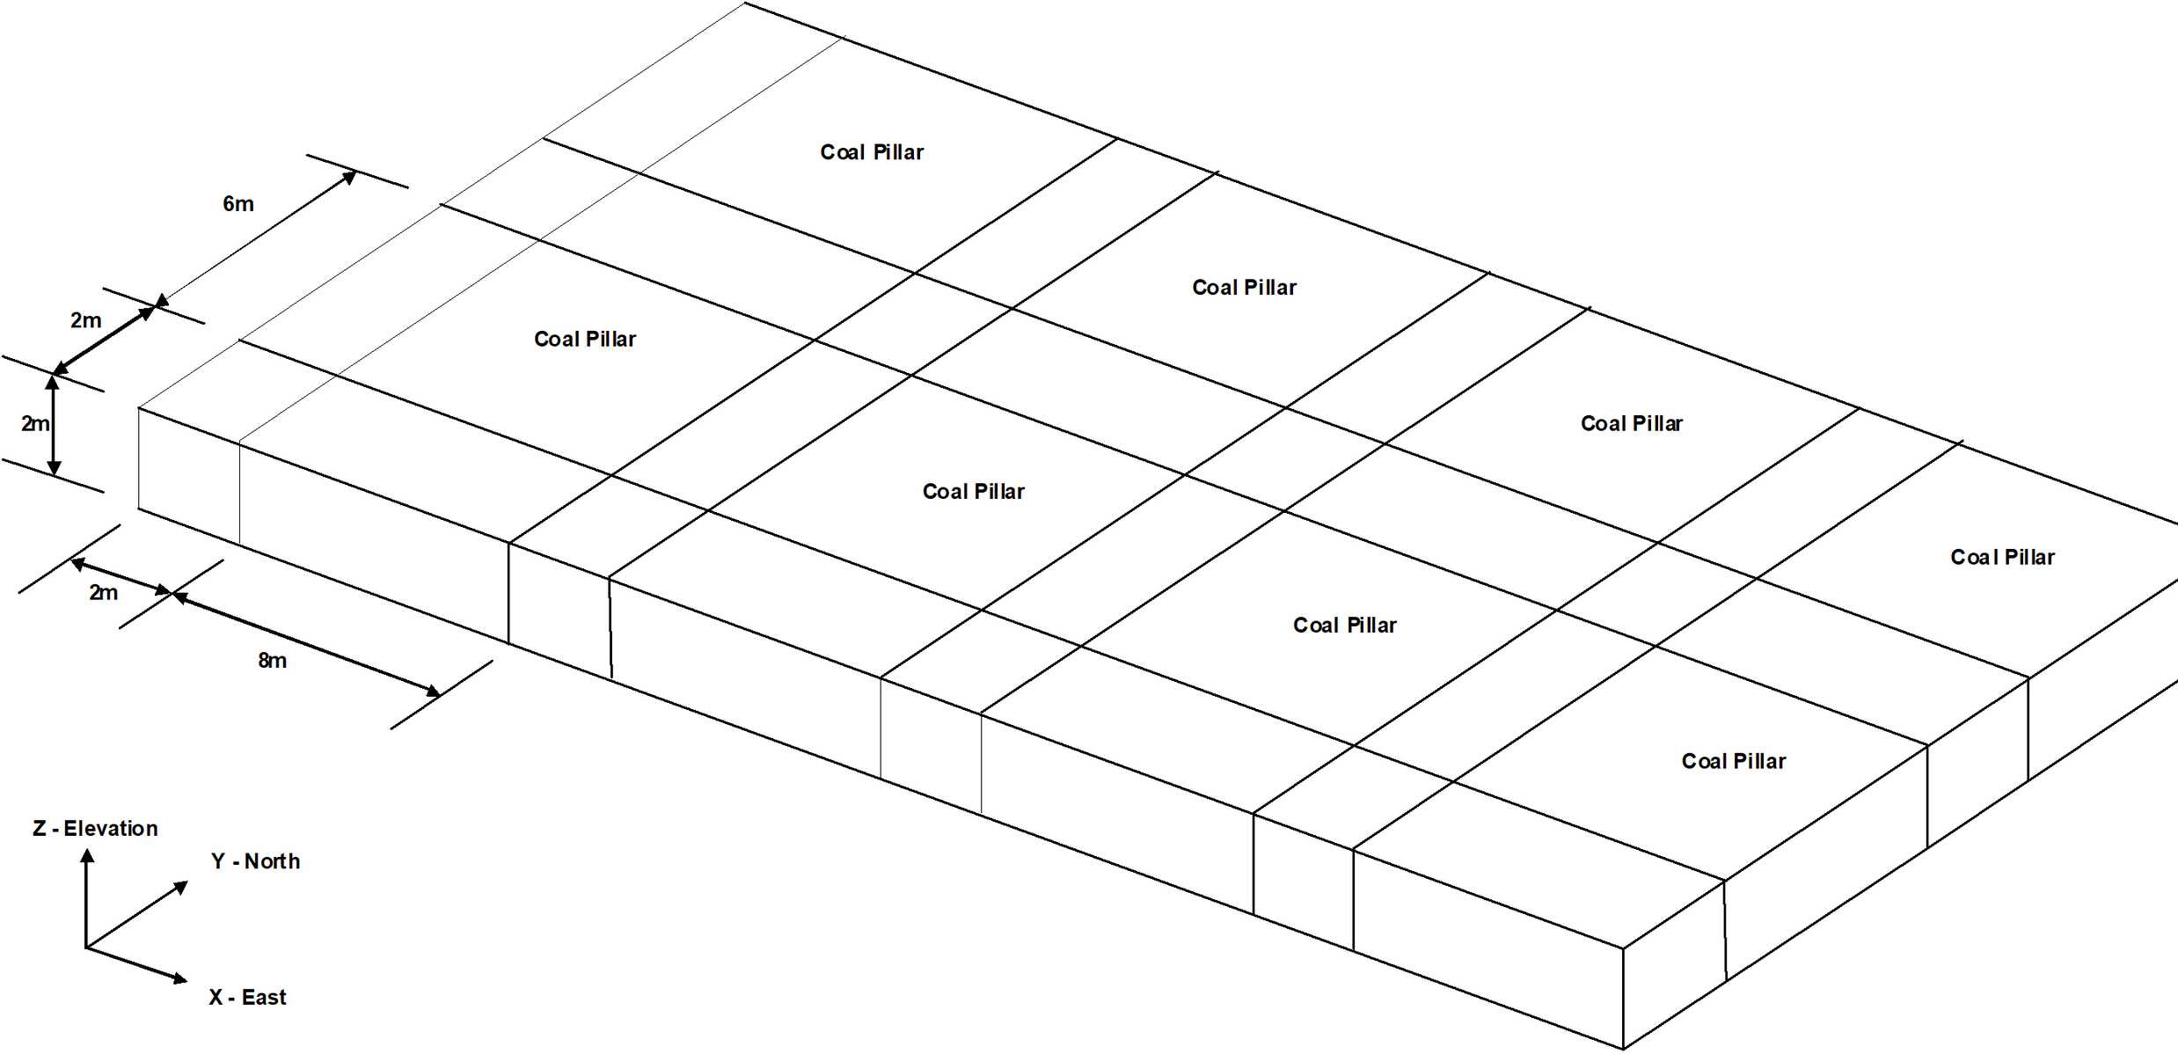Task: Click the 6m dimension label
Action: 238,204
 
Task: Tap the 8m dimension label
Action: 272,661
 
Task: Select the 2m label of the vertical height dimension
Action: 35,424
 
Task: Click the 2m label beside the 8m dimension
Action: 103,593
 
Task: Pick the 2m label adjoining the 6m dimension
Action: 85,320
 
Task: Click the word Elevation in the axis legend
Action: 111,829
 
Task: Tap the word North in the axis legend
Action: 272,861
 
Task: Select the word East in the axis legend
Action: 264,998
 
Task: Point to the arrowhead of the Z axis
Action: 87,855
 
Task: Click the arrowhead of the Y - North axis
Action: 182,887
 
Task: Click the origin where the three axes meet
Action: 86,948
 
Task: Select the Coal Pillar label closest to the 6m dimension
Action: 585,340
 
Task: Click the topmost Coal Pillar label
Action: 872,152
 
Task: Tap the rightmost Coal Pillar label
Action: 2002,558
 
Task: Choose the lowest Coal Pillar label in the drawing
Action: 1733,762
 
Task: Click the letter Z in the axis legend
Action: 40,829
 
